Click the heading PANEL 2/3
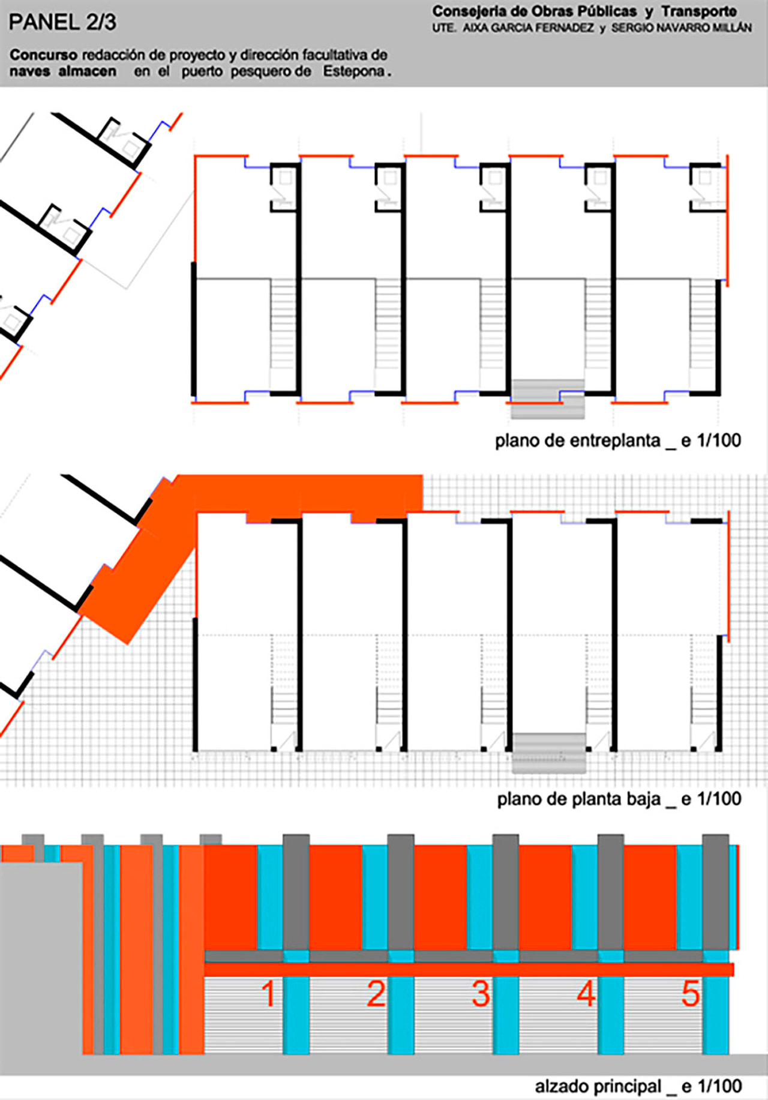[x=62, y=22]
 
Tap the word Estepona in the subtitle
[x=354, y=71]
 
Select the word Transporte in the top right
[x=699, y=11]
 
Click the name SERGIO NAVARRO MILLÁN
[x=681, y=28]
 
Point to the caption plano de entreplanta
[x=577, y=440]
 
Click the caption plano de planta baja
[x=578, y=799]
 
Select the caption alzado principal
[x=598, y=1086]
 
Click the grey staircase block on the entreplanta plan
[x=548, y=398]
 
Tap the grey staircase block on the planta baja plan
[x=549, y=753]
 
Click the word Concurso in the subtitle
[x=43, y=55]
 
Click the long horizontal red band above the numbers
[x=469, y=969]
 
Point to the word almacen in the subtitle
[x=88, y=71]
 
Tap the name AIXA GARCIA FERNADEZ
[x=528, y=28]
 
